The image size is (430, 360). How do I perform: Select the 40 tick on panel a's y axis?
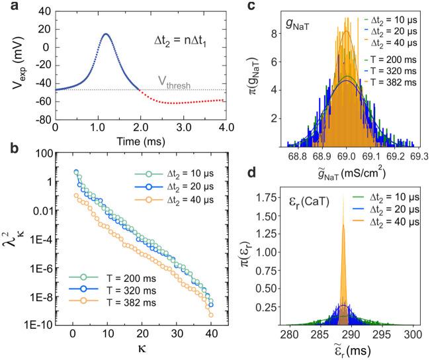click(x=45, y=12)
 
